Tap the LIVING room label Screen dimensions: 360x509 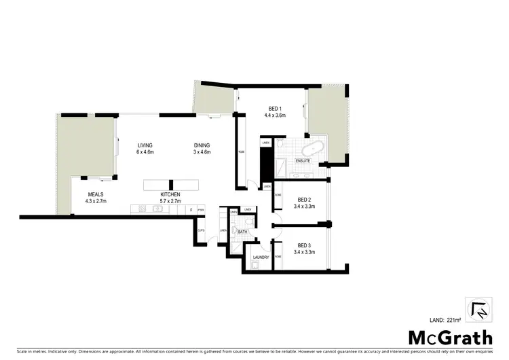tap(145, 145)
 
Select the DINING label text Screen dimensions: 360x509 tap(202, 145)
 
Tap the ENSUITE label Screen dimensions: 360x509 tap(303, 161)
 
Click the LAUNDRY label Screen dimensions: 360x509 tap(261, 257)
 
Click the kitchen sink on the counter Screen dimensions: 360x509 tap(157, 209)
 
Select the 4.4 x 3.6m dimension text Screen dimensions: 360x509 tap(275, 115)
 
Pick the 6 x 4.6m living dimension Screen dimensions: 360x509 tap(145, 152)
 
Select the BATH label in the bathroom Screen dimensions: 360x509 tap(242, 232)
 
